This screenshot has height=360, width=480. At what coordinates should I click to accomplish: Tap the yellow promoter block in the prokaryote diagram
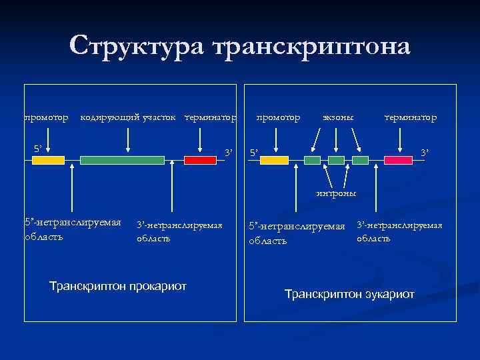[49, 160]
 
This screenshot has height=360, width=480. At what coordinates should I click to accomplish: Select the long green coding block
[122, 160]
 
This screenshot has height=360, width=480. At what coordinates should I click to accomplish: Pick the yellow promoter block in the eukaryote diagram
[274, 160]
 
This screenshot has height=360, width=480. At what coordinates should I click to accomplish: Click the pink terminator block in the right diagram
[398, 160]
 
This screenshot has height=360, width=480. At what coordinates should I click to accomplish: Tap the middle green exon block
[336, 160]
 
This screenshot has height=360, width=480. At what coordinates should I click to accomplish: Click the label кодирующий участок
[128, 118]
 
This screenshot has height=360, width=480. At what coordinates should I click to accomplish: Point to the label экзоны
[338, 118]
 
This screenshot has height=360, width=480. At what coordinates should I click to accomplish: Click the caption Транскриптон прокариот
[118, 286]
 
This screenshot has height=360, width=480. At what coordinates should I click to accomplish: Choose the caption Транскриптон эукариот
[349, 294]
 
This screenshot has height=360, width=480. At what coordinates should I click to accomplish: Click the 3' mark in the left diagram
[229, 153]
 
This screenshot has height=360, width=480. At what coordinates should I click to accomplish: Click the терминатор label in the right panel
[411, 118]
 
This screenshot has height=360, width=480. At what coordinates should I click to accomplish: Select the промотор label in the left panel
[46, 118]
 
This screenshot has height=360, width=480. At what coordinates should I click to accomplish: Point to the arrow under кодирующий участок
[127, 140]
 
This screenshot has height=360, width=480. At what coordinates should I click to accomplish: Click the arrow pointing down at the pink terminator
[399, 140]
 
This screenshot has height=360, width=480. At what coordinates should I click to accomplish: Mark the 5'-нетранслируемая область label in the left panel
[72, 229]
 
